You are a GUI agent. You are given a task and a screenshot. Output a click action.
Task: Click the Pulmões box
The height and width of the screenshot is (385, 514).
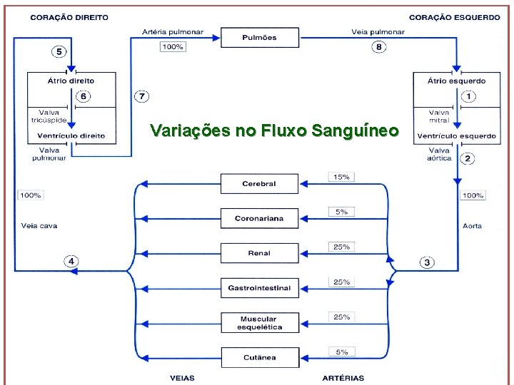(x=259, y=38)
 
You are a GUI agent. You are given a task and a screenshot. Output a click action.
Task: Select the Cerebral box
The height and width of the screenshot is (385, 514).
(x=259, y=183)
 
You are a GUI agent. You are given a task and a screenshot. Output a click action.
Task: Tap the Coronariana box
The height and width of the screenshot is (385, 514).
(x=259, y=218)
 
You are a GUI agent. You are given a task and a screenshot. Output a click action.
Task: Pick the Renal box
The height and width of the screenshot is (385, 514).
(x=259, y=253)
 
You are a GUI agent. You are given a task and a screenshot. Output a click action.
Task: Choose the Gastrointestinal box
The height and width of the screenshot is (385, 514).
(x=259, y=288)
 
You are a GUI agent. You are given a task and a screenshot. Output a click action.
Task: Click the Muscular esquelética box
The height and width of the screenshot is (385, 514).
(x=259, y=322)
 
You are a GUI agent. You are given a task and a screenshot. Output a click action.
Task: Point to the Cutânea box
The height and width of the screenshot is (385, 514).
(x=259, y=357)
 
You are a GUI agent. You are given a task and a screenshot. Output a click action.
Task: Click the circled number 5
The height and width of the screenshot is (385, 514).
(x=59, y=51)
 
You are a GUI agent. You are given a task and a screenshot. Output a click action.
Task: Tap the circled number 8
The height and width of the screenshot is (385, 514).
(x=379, y=47)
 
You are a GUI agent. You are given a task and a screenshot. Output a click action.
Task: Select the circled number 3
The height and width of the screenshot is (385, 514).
(x=427, y=262)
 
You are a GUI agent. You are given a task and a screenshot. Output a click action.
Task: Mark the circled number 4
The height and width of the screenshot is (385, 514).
(x=71, y=261)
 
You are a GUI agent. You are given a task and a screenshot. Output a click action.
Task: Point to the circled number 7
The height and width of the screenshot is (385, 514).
(x=141, y=96)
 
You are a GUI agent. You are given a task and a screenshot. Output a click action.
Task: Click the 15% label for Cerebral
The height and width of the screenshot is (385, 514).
(x=341, y=177)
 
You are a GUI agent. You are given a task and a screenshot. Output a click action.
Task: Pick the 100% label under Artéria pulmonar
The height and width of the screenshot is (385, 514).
(x=172, y=47)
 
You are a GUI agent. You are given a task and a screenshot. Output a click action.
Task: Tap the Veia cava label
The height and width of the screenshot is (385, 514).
(x=39, y=226)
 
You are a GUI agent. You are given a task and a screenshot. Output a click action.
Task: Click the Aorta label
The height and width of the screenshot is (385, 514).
(x=473, y=226)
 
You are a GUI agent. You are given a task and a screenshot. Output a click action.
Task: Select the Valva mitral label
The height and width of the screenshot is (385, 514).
(x=439, y=116)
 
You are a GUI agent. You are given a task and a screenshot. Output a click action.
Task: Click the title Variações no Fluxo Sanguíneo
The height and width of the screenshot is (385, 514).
(x=274, y=130)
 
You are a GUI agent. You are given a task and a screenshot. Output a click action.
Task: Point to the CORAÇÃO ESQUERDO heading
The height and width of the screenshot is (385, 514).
(x=455, y=18)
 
